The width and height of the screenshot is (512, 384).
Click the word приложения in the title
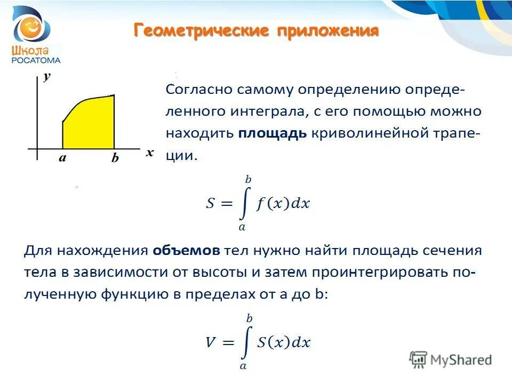[x=327, y=30]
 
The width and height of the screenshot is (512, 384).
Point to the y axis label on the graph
[x=47, y=76]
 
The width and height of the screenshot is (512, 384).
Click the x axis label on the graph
[x=150, y=152]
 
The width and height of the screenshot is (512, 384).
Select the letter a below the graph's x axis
[x=62, y=158]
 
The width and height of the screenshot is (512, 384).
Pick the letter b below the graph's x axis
[x=115, y=158]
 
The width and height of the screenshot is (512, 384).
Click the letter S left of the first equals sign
[x=211, y=204]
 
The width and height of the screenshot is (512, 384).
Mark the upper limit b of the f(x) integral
[x=247, y=180]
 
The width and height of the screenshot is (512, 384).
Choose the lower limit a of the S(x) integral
[x=243, y=366]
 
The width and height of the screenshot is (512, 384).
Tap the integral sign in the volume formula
[x=245, y=342]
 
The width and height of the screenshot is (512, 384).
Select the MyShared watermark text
[x=461, y=360]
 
